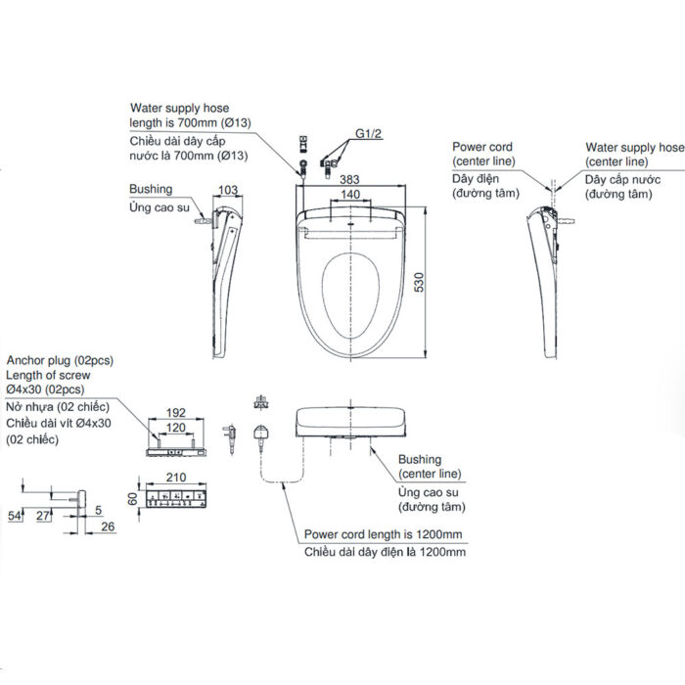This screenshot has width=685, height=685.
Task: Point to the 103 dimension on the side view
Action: coord(229,189)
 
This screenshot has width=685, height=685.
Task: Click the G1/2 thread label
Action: coord(369,133)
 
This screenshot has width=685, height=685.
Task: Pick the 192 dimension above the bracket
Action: coord(177,414)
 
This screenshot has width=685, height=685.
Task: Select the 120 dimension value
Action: coord(177,429)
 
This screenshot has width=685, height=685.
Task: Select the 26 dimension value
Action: coord(108,527)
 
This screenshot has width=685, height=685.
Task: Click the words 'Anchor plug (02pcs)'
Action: coord(59,360)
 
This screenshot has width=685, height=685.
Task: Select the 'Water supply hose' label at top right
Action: coord(634,147)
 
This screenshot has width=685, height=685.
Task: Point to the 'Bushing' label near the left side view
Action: coord(150,189)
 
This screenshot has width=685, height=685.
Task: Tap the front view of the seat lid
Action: coord(350,424)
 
